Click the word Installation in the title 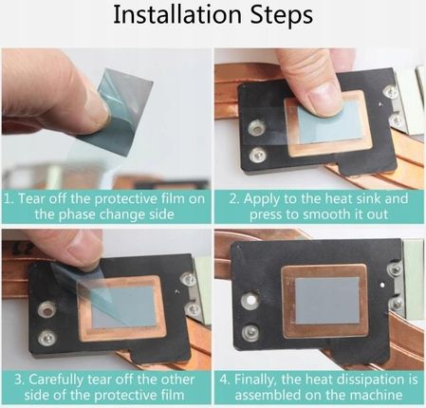coord(177,15)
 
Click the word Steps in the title coord(282,16)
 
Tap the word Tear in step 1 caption coord(31,198)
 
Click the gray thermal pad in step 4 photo coord(327,301)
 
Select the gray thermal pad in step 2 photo coord(330,121)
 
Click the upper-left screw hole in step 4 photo coord(250,300)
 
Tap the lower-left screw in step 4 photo coord(250,332)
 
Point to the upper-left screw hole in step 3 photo coord(47,310)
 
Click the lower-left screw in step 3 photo coord(47,338)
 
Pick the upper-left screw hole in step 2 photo coord(255,128)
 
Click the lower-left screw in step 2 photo coord(256,156)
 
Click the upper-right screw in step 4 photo coord(395,269)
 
